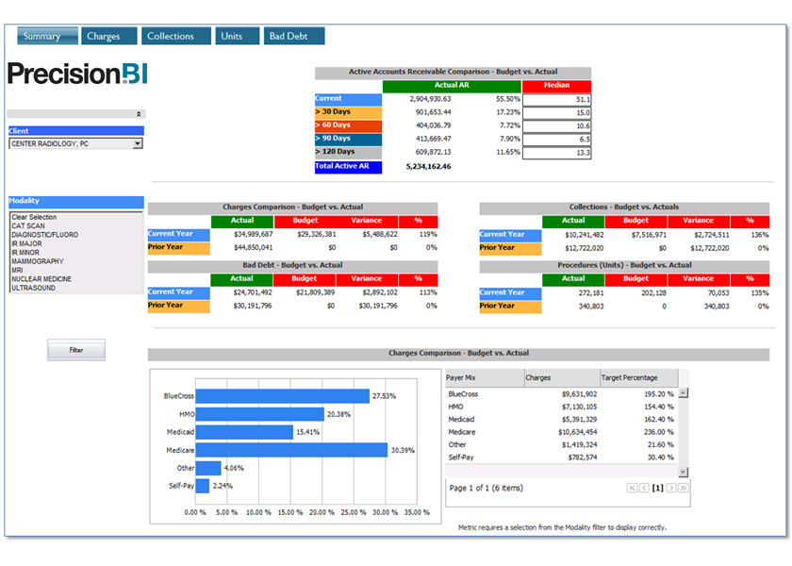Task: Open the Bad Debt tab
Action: [293, 37]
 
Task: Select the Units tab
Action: [232, 37]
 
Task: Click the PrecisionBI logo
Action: [77, 74]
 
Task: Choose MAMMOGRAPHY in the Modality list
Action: [38, 261]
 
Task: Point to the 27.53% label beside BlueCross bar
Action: [384, 396]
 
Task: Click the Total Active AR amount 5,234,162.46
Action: [428, 167]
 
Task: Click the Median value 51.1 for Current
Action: [557, 99]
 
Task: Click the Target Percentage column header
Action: [629, 377]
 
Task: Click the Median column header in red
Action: [556, 86]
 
